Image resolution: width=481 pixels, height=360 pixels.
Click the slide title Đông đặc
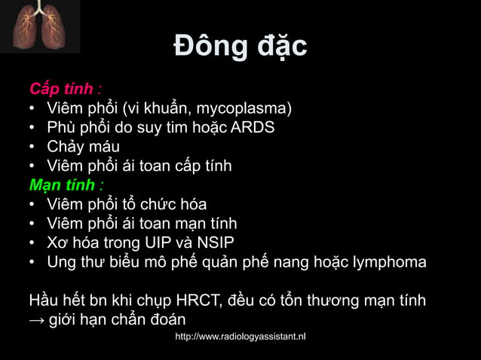tap(240, 47)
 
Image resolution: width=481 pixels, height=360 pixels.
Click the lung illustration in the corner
tap(39, 26)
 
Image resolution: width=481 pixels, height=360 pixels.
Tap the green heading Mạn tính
tap(63, 185)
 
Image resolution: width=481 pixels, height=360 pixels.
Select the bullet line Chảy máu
tap(83, 146)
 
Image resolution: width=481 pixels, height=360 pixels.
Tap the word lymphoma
tap(391, 263)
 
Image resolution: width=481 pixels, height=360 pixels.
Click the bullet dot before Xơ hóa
tap(34, 243)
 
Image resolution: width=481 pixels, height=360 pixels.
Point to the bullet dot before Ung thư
tap(34, 263)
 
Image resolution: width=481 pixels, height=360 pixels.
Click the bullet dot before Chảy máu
tap(34, 146)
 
